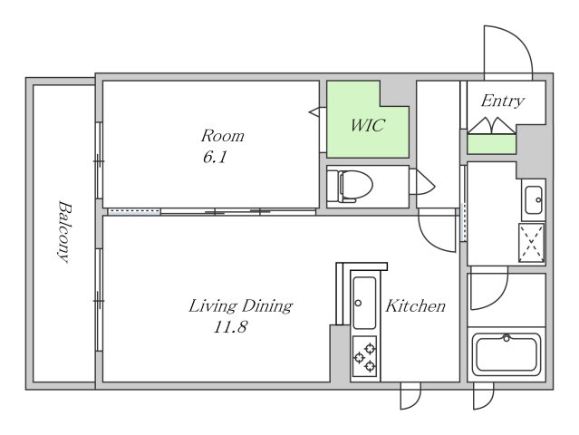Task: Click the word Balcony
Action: [x=64, y=231]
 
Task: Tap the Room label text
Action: [x=223, y=136]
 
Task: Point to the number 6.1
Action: [x=215, y=158]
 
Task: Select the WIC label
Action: [x=367, y=126]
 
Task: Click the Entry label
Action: [x=503, y=101]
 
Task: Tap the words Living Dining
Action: [x=240, y=306]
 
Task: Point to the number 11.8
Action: [x=230, y=327]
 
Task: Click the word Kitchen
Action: [x=415, y=306]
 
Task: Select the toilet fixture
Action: [x=350, y=186]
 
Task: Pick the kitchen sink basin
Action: [x=364, y=303]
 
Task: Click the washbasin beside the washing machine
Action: [x=533, y=200]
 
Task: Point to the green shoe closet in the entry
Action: [x=491, y=144]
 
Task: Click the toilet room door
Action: [x=422, y=182]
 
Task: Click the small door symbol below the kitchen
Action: [x=410, y=396]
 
